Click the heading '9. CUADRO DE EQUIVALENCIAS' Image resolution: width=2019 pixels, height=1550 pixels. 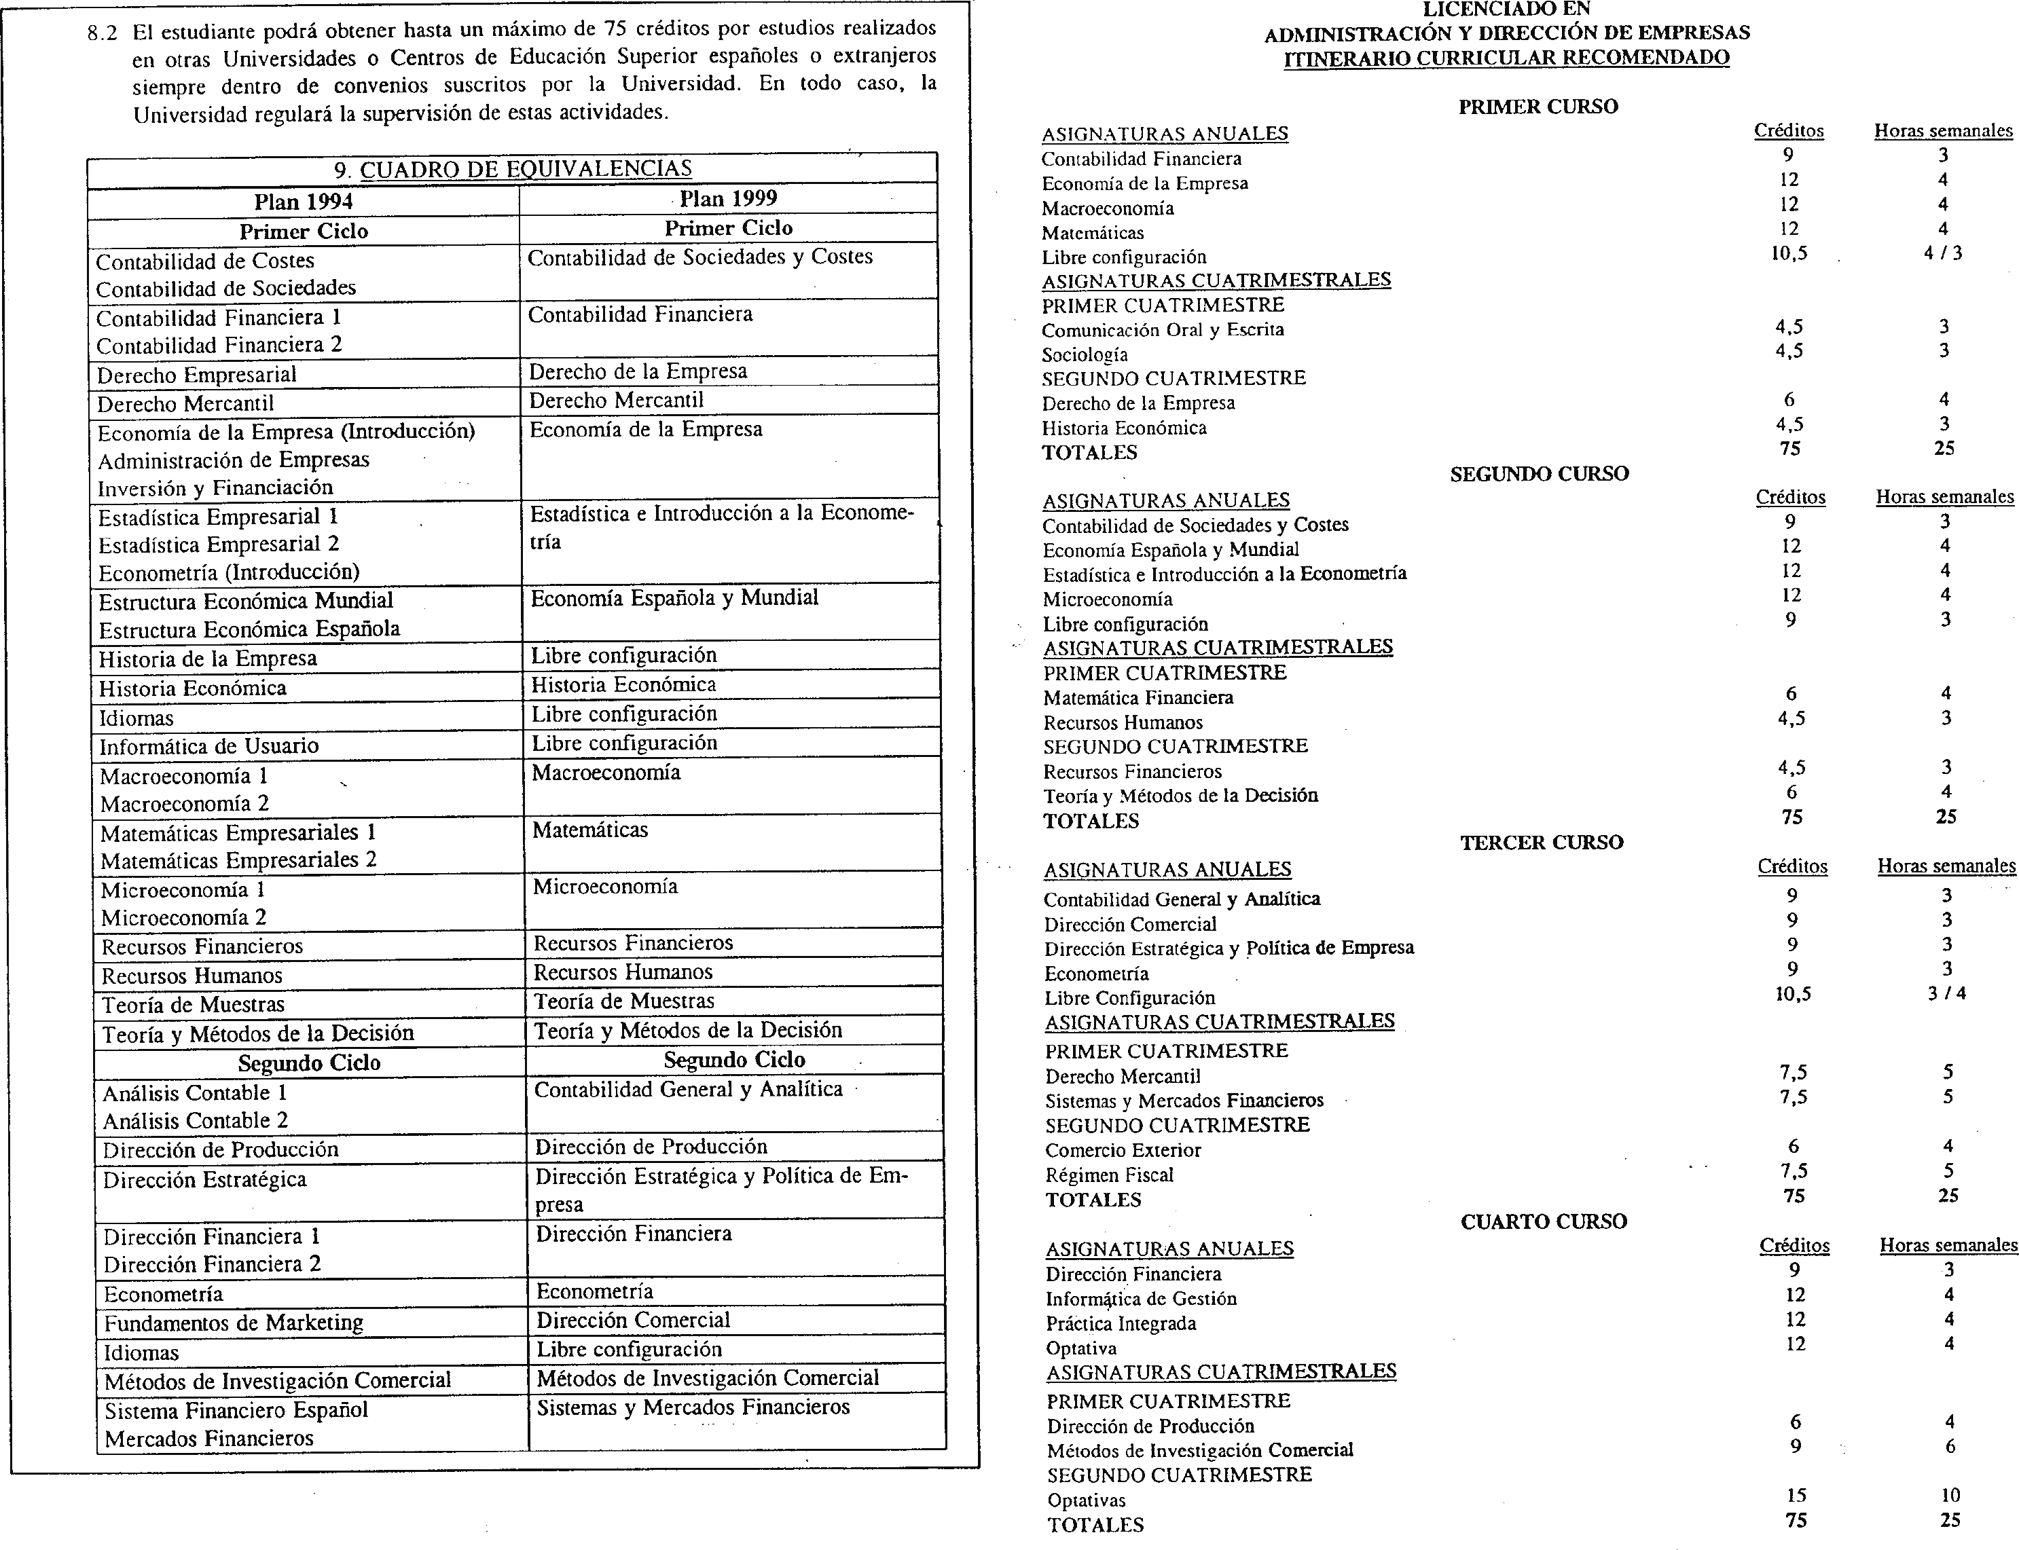(x=512, y=169)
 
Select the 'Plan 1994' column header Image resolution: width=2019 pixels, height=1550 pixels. (x=304, y=201)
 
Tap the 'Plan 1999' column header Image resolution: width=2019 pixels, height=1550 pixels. (x=728, y=198)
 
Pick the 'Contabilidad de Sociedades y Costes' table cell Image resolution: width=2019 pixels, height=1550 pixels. (x=699, y=257)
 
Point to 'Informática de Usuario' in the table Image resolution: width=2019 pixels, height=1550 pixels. (x=209, y=746)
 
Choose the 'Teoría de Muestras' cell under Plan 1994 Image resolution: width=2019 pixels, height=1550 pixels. (x=193, y=1005)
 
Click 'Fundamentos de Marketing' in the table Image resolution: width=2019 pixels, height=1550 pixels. (x=234, y=1323)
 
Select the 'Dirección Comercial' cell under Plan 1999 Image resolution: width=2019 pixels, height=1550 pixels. (x=633, y=1321)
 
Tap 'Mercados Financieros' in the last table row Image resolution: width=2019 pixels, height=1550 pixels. (x=208, y=1439)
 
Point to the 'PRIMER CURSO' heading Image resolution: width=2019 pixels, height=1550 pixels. (x=1538, y=107)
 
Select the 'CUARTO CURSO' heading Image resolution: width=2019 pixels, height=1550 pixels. (x=1543, y=1221)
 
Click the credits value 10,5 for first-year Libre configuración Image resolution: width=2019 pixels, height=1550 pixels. (x=1788, y=254)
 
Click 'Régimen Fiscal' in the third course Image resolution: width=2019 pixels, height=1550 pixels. (x=1109, y=1175)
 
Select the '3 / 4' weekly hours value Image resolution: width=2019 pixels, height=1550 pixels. (x=1946, y=994)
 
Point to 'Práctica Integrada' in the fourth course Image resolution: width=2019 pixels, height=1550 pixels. (x=1121, y=1324)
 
